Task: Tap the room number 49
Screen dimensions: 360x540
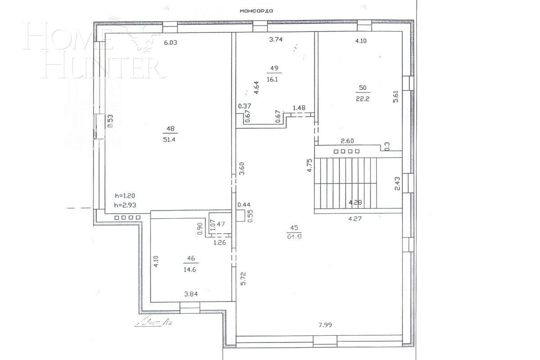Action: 274,68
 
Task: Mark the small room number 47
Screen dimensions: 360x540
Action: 221,223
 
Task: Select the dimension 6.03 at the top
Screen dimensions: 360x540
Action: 171,43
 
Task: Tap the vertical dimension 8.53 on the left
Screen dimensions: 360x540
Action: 110,122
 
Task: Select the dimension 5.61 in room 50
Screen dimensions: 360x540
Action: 396,97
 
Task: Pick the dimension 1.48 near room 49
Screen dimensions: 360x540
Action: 299,108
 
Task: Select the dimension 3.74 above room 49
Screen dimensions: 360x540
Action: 275,40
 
